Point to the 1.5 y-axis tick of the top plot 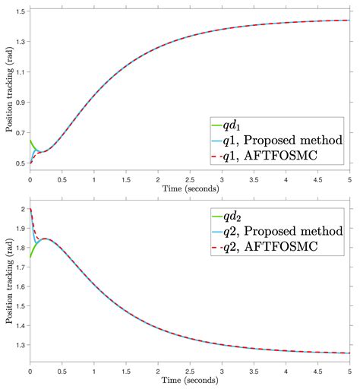20,11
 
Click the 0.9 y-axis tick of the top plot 20,103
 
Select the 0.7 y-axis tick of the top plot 20,133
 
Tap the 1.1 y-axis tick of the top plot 20,72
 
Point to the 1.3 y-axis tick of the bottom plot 20,345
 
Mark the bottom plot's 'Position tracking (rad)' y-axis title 7,281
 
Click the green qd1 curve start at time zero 30,141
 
